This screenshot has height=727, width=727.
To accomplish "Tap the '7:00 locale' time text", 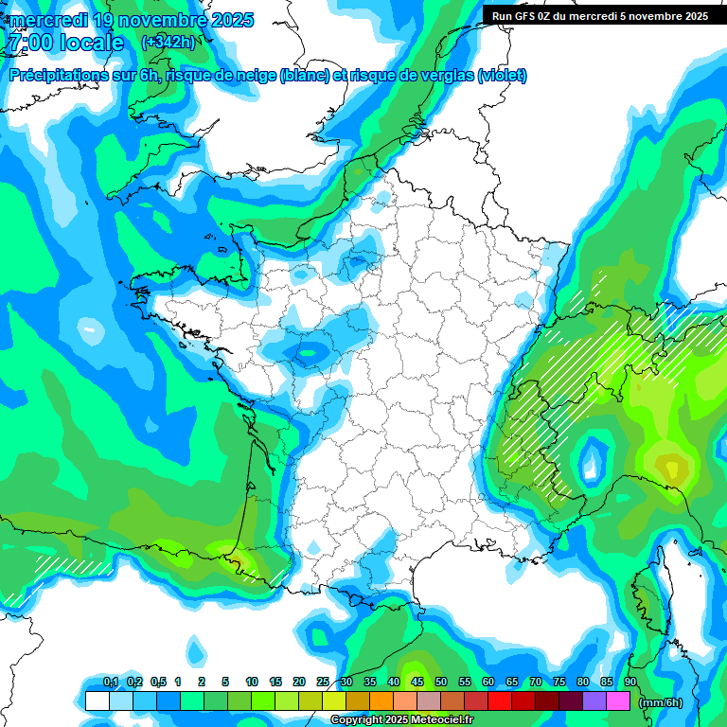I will click(64, 43).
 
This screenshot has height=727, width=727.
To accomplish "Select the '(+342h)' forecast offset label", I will click(168, 42).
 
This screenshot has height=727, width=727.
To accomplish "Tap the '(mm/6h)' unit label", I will click(661, 702).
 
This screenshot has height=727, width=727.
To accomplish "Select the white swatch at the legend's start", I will click(97, 701).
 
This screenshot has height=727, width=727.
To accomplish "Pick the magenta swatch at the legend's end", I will click(619, 701).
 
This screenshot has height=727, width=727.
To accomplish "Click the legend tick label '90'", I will click(630, 682).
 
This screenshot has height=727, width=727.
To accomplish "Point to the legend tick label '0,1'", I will click(111, 682).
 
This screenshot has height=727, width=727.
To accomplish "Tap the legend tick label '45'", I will click(417, 682).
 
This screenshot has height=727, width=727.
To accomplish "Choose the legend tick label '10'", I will click(252, 682).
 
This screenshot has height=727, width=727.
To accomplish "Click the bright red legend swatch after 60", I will click(500, 701).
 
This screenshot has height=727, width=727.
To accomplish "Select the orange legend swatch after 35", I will click(381, 701).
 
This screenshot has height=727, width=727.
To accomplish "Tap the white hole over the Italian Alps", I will click(593, 461).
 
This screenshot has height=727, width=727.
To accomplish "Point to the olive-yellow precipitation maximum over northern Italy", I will click(673, 467).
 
